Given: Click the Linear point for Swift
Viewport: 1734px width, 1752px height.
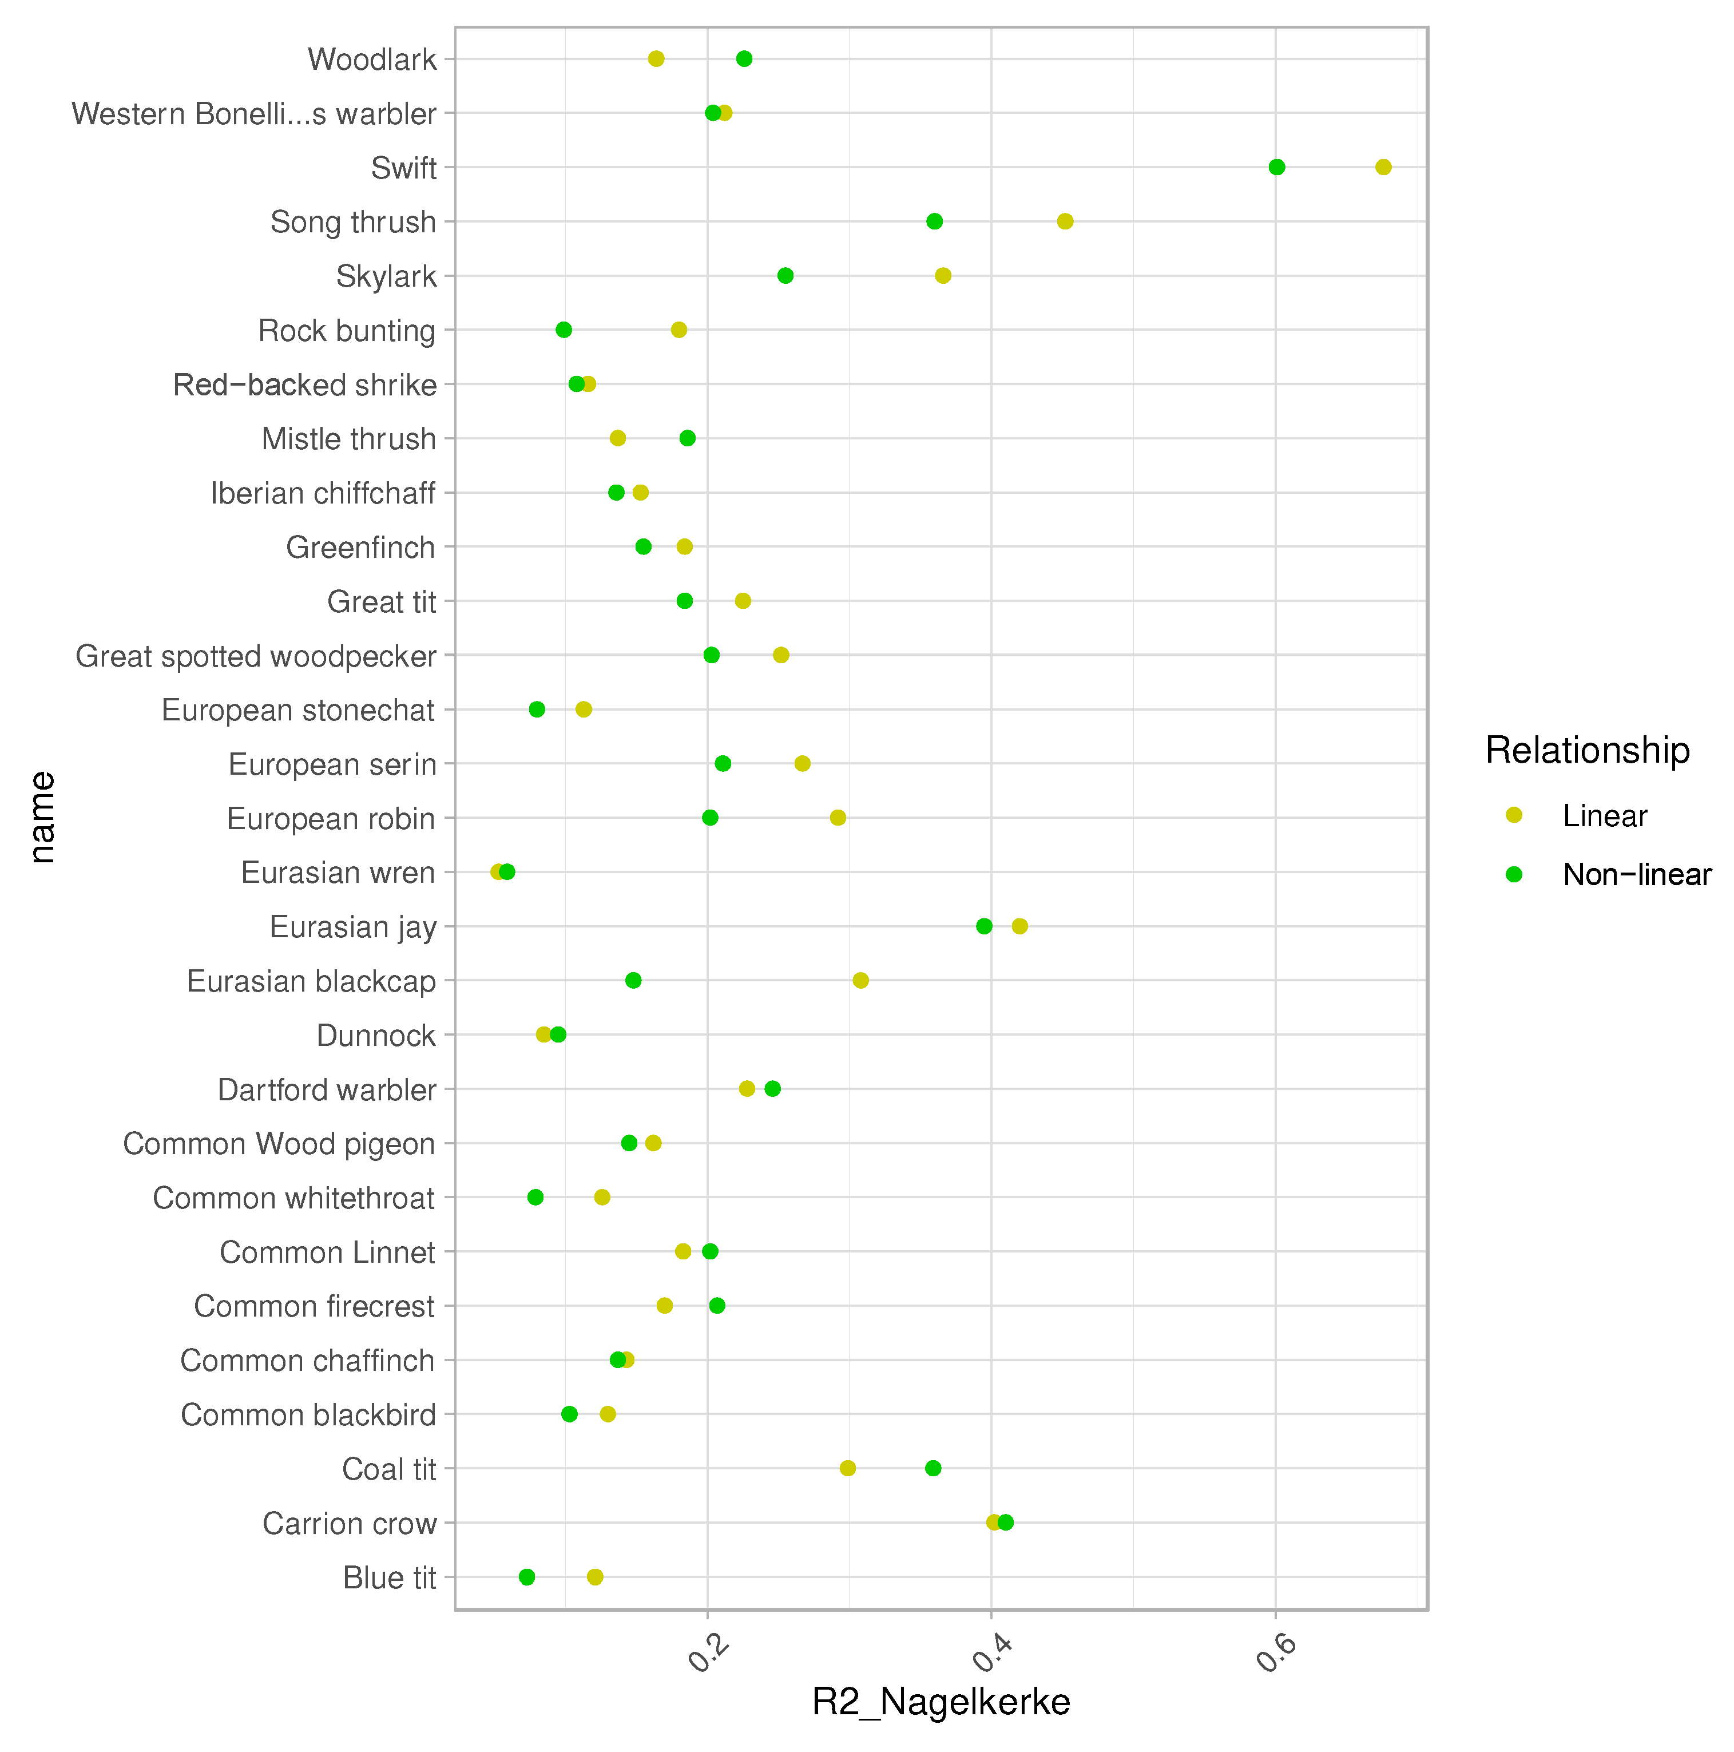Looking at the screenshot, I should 1383,167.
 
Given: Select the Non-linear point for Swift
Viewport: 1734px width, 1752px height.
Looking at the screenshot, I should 1277,167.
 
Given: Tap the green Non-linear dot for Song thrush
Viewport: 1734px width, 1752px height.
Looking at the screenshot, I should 934,221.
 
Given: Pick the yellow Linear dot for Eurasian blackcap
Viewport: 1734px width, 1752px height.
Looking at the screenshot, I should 860,980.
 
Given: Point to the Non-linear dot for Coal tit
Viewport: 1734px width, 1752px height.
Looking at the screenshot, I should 933,1468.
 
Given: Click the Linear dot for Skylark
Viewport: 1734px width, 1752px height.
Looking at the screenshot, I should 943,276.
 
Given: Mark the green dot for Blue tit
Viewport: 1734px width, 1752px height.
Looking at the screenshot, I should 527,1577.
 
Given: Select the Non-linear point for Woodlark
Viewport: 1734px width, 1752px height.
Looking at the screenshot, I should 744,59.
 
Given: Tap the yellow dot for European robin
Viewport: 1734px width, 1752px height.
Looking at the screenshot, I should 838,818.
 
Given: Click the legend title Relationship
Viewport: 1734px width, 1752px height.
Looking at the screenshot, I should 1587,750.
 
